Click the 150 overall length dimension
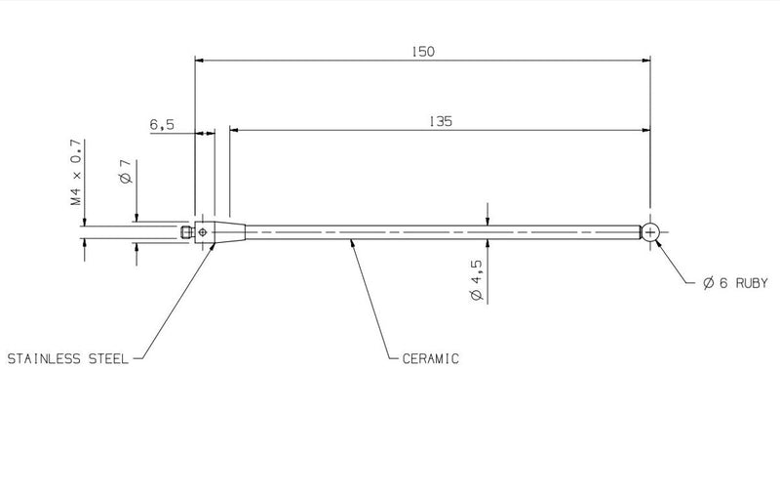[x=423, y=52]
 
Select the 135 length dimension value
[x=441, y=121]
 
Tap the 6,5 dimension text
[x=162, y=125]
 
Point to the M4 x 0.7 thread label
[x=76, y=172]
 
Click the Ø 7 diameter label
[x=126, y=171]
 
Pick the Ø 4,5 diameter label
[x=477, y=279]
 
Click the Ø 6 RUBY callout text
[x=735, y=283]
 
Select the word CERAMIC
[x=431, y=359]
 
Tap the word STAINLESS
[x=44, y=359]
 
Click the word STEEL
[x=108, y=359]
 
